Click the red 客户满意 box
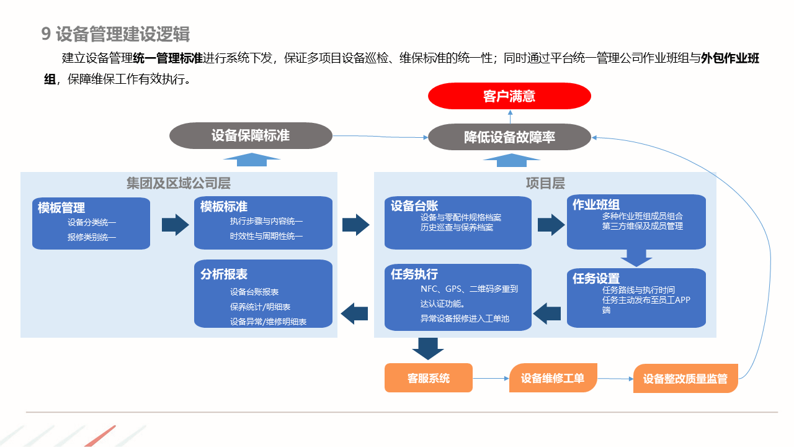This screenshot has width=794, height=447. (x=509, y=96)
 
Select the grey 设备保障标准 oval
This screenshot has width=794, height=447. (x=251, y=135)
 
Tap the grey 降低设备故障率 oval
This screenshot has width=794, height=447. (x=509, y=137)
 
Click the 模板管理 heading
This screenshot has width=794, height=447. (x=61, y=208)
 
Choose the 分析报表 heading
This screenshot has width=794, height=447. (x=224, y=274)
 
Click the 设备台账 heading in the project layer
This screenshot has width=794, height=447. (x=414, y=206)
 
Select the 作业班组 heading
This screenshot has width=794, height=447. (x=595, y=204)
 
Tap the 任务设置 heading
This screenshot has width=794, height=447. (x=596, y=279)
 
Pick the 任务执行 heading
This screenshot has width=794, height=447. (x=414, y=274)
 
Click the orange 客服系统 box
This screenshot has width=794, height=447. (x=429, y=378)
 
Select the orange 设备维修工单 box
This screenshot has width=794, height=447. (x=553, y=378)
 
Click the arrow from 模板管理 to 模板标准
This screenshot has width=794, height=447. (x=175, y=224)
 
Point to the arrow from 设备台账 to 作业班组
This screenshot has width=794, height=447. (x=551, y=224)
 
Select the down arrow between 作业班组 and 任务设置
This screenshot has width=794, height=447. (x=636, y=257)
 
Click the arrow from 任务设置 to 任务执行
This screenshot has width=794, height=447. (x=548, y=313)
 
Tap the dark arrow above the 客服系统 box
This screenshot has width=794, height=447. (x=428, y=348)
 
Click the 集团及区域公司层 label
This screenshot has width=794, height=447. (x=178, y=183)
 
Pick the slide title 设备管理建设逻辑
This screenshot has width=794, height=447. (x=123, y=34)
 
